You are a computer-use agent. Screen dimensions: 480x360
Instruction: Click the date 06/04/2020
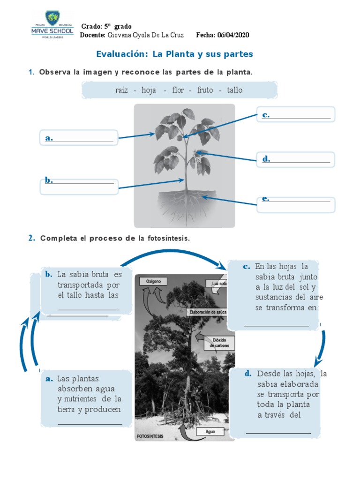point(233,35)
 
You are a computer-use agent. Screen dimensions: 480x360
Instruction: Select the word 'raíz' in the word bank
point(121,90)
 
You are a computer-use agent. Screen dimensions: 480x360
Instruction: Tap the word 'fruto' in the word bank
point(205,90)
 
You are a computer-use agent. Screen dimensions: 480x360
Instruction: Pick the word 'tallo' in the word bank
point(235,90)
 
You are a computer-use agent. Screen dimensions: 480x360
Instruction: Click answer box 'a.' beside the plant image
point(79,139)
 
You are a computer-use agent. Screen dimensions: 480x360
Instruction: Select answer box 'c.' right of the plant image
point(296,115)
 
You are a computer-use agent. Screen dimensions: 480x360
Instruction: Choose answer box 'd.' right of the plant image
point(296,159)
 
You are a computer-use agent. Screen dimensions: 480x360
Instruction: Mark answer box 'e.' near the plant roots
point(296,204)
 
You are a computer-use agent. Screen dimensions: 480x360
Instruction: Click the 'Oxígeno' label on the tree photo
point(153,281)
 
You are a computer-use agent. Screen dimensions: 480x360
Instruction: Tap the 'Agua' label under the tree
point(210,431)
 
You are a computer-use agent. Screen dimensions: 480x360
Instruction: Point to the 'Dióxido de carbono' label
point(219,342)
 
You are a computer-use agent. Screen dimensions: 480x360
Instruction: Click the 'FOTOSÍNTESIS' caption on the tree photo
point(150,436)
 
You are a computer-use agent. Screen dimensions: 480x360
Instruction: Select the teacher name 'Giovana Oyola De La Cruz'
point(146,35)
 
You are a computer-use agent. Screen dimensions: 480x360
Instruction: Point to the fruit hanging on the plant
point(179,138)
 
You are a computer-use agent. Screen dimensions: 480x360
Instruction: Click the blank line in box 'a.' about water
point(90,424)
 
